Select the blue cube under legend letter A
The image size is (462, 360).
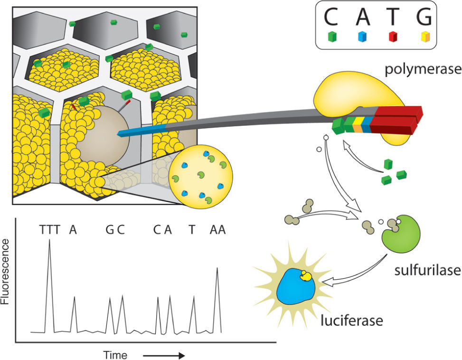coord(362,37)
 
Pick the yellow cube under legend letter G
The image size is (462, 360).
coord(425,37)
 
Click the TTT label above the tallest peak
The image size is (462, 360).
coord(50,230)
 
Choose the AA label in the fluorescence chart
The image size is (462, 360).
coord(217,230)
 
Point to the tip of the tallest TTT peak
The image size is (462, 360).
coord(50,240)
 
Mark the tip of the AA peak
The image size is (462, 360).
coord(217,268)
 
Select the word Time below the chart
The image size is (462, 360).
coord(116,355)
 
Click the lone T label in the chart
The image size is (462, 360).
coord(191,230)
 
